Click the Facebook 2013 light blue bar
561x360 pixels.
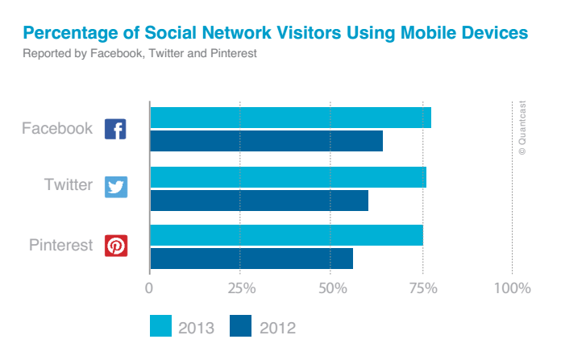tap(290, 117)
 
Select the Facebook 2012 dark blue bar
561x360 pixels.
tap(266, 140)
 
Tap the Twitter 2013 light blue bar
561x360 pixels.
tap(288, 177)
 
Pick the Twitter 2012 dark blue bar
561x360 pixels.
tap(259, 200)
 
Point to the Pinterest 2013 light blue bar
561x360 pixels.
tap(286, 235)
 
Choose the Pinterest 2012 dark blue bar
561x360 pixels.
tap(251, 259)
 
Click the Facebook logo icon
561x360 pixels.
tap(115, 129)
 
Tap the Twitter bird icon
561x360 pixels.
tap(115, 187)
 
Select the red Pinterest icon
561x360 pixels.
tap(115, 246)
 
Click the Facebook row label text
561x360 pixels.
tap(56, 129)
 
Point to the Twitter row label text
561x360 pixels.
tap(68, 185)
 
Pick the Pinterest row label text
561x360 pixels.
tap(61, 245)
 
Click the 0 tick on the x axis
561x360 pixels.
tap(149, 288)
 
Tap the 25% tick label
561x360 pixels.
tap(240, 288)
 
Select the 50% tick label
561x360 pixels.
tap(330, 288)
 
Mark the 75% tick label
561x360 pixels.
tap(422, 288)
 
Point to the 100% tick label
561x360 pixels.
tap(513, 288)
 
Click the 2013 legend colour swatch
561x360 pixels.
tap(161, 326)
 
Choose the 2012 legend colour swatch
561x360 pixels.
tap(241, 326)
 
